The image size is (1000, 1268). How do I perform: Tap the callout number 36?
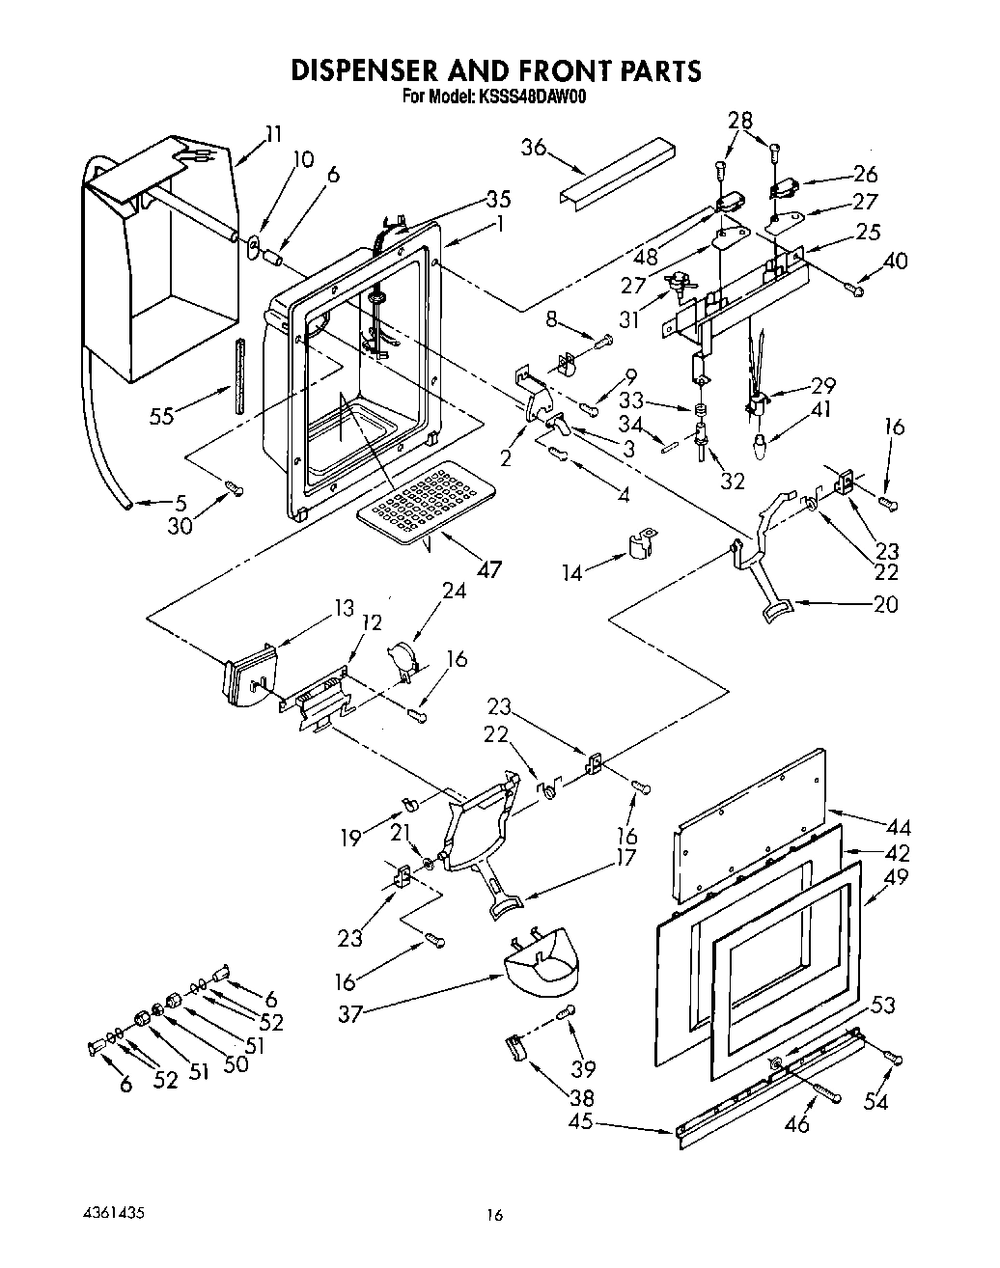tap(534, 148)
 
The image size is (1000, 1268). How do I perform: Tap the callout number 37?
tap(350, 1013)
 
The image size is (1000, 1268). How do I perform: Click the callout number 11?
tap(274, 134)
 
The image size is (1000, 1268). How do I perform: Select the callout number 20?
tap(885, 604)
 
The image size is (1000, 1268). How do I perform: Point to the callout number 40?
tap(895, 261)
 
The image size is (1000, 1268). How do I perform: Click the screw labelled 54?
tap(893, 1060)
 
